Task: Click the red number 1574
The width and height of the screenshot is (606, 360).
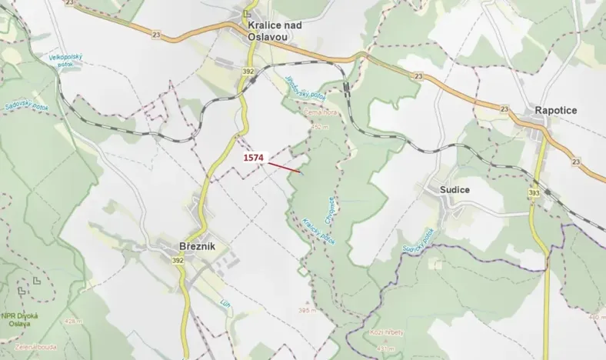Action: pyautogui.click(x=254, y=158)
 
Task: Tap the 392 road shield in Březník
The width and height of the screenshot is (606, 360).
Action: pyautogui.click(x=178, y=261)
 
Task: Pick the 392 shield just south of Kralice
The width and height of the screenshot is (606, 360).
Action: pyautogui.click(x=248, y=71)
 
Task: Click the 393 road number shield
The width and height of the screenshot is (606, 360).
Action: pyautogui.click(x=534, y=192)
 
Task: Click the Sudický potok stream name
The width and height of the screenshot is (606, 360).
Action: pyautogui.click(x=418, y=242)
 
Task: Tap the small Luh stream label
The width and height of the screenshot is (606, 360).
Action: pyautogui.click(x=225, y=303)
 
